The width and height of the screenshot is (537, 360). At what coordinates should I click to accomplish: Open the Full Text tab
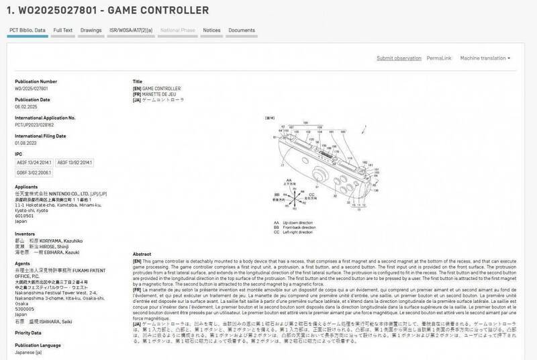(63, 31)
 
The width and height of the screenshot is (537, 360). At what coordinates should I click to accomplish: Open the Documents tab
(242, 31)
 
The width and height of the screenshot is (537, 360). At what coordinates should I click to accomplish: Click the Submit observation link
(399, 58)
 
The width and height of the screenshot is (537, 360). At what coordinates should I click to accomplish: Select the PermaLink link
(438, 58)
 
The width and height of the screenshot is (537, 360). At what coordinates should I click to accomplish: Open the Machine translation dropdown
(485, 58)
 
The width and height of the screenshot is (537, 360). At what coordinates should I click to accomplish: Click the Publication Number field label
(35, 81)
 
